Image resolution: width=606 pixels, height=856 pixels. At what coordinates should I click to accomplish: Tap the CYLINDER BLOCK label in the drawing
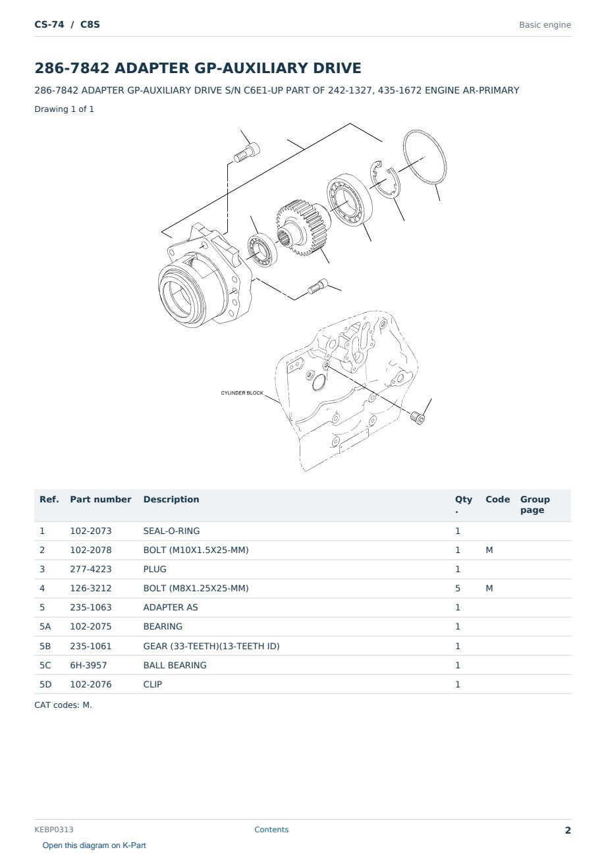[x=242, y=393]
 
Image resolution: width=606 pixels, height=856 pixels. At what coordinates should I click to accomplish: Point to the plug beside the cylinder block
[x=418, y=417]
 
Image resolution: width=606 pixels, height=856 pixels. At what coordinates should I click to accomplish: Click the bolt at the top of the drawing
[x=246, y=153]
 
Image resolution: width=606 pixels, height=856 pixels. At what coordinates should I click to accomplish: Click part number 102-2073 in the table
[x=91, y=531]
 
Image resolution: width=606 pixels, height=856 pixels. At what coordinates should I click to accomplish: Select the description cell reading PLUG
[x=154, y=569]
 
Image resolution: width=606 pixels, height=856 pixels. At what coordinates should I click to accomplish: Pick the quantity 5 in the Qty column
[x=457, y=588]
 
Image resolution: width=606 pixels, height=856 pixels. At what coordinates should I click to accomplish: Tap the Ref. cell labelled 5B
[x=45, y=646]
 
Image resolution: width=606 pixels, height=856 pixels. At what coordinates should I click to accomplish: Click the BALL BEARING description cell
[x=175, y=665]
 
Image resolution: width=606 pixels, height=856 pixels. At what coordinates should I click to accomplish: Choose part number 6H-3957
[x=88, y=665]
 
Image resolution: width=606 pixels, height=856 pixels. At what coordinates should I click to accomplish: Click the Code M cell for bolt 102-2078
[x=489, y=550]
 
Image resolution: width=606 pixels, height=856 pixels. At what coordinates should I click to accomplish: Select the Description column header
[x=171, y=499]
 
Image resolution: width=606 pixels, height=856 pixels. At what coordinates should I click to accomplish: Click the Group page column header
[x=535, y=504]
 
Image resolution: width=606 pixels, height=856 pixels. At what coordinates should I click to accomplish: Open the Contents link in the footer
[x=271, y=829]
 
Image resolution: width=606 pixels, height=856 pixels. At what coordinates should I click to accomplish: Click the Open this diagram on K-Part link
[x=94, y=845]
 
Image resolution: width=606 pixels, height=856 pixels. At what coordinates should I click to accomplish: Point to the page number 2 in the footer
[x=568, y=830]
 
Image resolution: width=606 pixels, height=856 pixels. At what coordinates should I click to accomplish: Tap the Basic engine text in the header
[x=545, y=25]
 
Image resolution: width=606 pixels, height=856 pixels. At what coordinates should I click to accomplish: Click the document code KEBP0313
[x=54, y=829]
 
